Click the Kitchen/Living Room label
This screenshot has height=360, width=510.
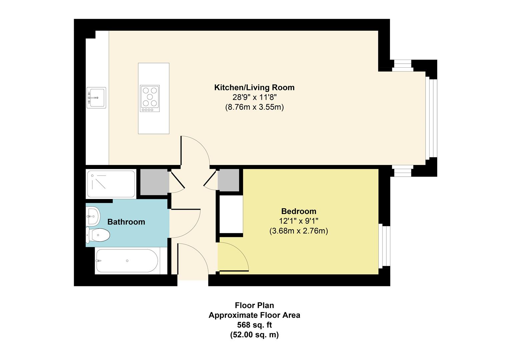(254, 88)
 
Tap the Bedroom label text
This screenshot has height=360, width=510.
(299, 211)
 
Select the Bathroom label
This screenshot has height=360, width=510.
(126, 222)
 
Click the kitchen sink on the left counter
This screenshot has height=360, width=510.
(96, 98)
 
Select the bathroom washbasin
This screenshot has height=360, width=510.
(93, 216)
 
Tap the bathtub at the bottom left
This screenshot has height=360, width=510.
(127, 261)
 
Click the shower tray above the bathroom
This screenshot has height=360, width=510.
(111, 184)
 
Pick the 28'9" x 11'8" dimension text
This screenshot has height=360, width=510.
(254, 98)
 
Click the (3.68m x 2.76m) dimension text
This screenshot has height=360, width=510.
(299, 231)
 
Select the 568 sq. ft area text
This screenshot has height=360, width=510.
(254, 325)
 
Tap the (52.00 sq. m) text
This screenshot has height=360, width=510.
(254, 335)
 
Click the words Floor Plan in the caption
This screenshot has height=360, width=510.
(254, 305)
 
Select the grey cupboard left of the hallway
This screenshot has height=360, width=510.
(154, 182)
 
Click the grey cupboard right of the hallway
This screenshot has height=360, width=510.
(228, 180)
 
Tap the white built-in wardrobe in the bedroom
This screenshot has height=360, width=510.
(231, 214)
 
